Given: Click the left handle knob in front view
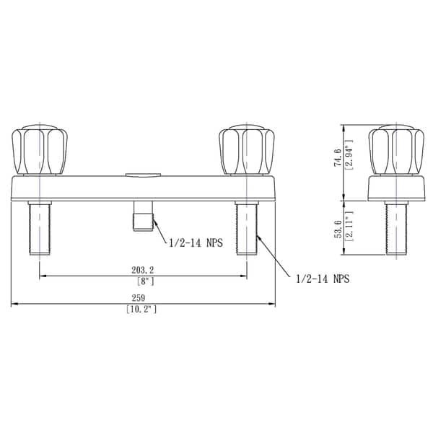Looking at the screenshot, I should point(38,150).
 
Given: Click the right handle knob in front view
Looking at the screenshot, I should point(248,150).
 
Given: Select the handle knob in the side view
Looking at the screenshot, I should point(395,150).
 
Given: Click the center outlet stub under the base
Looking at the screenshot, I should point(142,219).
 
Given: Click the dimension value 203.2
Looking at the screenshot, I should point(143,269).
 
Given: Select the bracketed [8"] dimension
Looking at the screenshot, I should point(143,281).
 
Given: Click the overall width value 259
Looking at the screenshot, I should point(142,298).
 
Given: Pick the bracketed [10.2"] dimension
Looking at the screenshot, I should point(141,310).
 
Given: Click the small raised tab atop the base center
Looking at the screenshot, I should point(142,174).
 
